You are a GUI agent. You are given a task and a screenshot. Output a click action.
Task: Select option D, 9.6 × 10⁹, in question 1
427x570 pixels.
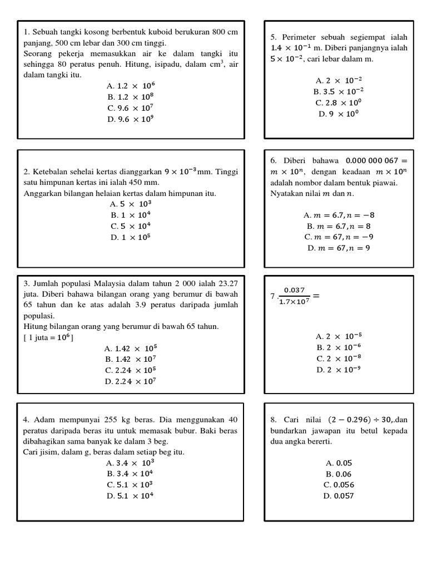[x=131, y=119]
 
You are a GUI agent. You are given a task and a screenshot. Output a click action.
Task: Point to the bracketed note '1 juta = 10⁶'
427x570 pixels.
[x=49, y=337]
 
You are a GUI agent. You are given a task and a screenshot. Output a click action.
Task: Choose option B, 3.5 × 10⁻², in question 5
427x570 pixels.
[x=339, y=92]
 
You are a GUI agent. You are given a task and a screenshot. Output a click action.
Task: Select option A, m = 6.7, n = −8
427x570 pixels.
[x=339, y=215]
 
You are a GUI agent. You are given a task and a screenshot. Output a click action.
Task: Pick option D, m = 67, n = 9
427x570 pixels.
[x=339, y=248]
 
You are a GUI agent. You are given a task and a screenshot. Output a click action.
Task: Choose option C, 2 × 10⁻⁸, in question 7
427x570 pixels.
[x=339, y=359]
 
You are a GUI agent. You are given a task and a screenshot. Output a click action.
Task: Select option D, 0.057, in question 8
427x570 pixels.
[x=339, y=496]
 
